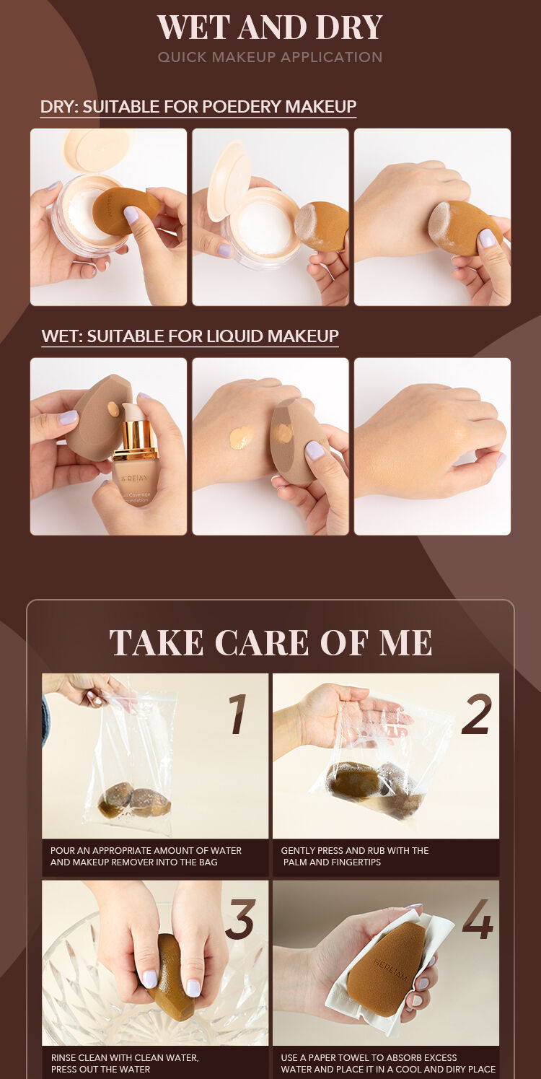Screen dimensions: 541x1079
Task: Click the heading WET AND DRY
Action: (x=270, y=27)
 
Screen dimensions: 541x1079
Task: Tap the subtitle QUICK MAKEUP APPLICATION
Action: (x=270, y=57)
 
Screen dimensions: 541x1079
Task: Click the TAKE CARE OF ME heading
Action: (x=270, y=642)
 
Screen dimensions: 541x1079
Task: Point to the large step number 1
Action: (x=238, y=715)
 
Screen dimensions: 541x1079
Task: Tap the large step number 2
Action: (x=477, y=715)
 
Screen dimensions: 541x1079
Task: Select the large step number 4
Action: (x=478, y=919)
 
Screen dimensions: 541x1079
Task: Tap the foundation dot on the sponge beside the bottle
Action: (x=113, y=409)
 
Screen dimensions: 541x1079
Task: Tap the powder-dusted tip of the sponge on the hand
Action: (x=439, y=222)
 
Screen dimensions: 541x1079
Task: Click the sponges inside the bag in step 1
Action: (x=134, y=800)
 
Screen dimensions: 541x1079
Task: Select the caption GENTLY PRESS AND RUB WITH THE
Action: (x=355, y=850)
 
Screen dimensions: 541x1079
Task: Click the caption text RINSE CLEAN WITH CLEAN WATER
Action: (x=125, y=1057)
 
